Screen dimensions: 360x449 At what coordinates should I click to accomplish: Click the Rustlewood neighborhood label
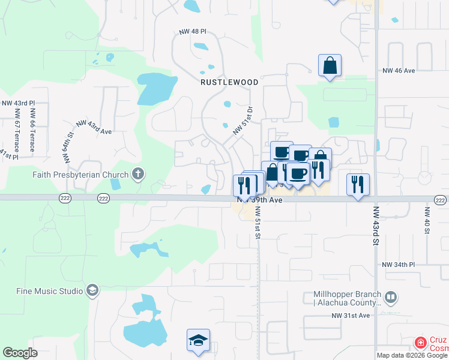230,82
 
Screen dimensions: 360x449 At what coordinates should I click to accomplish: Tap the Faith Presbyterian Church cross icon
138,175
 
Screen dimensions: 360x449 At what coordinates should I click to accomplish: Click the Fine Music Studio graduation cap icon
92,291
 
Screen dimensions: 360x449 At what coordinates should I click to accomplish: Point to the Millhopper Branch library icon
391,297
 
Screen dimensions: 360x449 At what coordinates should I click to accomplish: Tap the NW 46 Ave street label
399,71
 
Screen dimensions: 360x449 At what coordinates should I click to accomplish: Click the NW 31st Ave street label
351,315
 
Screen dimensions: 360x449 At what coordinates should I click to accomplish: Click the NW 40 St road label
427,221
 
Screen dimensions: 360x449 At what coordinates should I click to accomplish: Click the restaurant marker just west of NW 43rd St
358,184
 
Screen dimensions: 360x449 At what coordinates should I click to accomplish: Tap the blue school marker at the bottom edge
198,341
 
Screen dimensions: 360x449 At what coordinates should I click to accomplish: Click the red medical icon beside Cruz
421,343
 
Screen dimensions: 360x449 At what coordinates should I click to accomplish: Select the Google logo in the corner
20,353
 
